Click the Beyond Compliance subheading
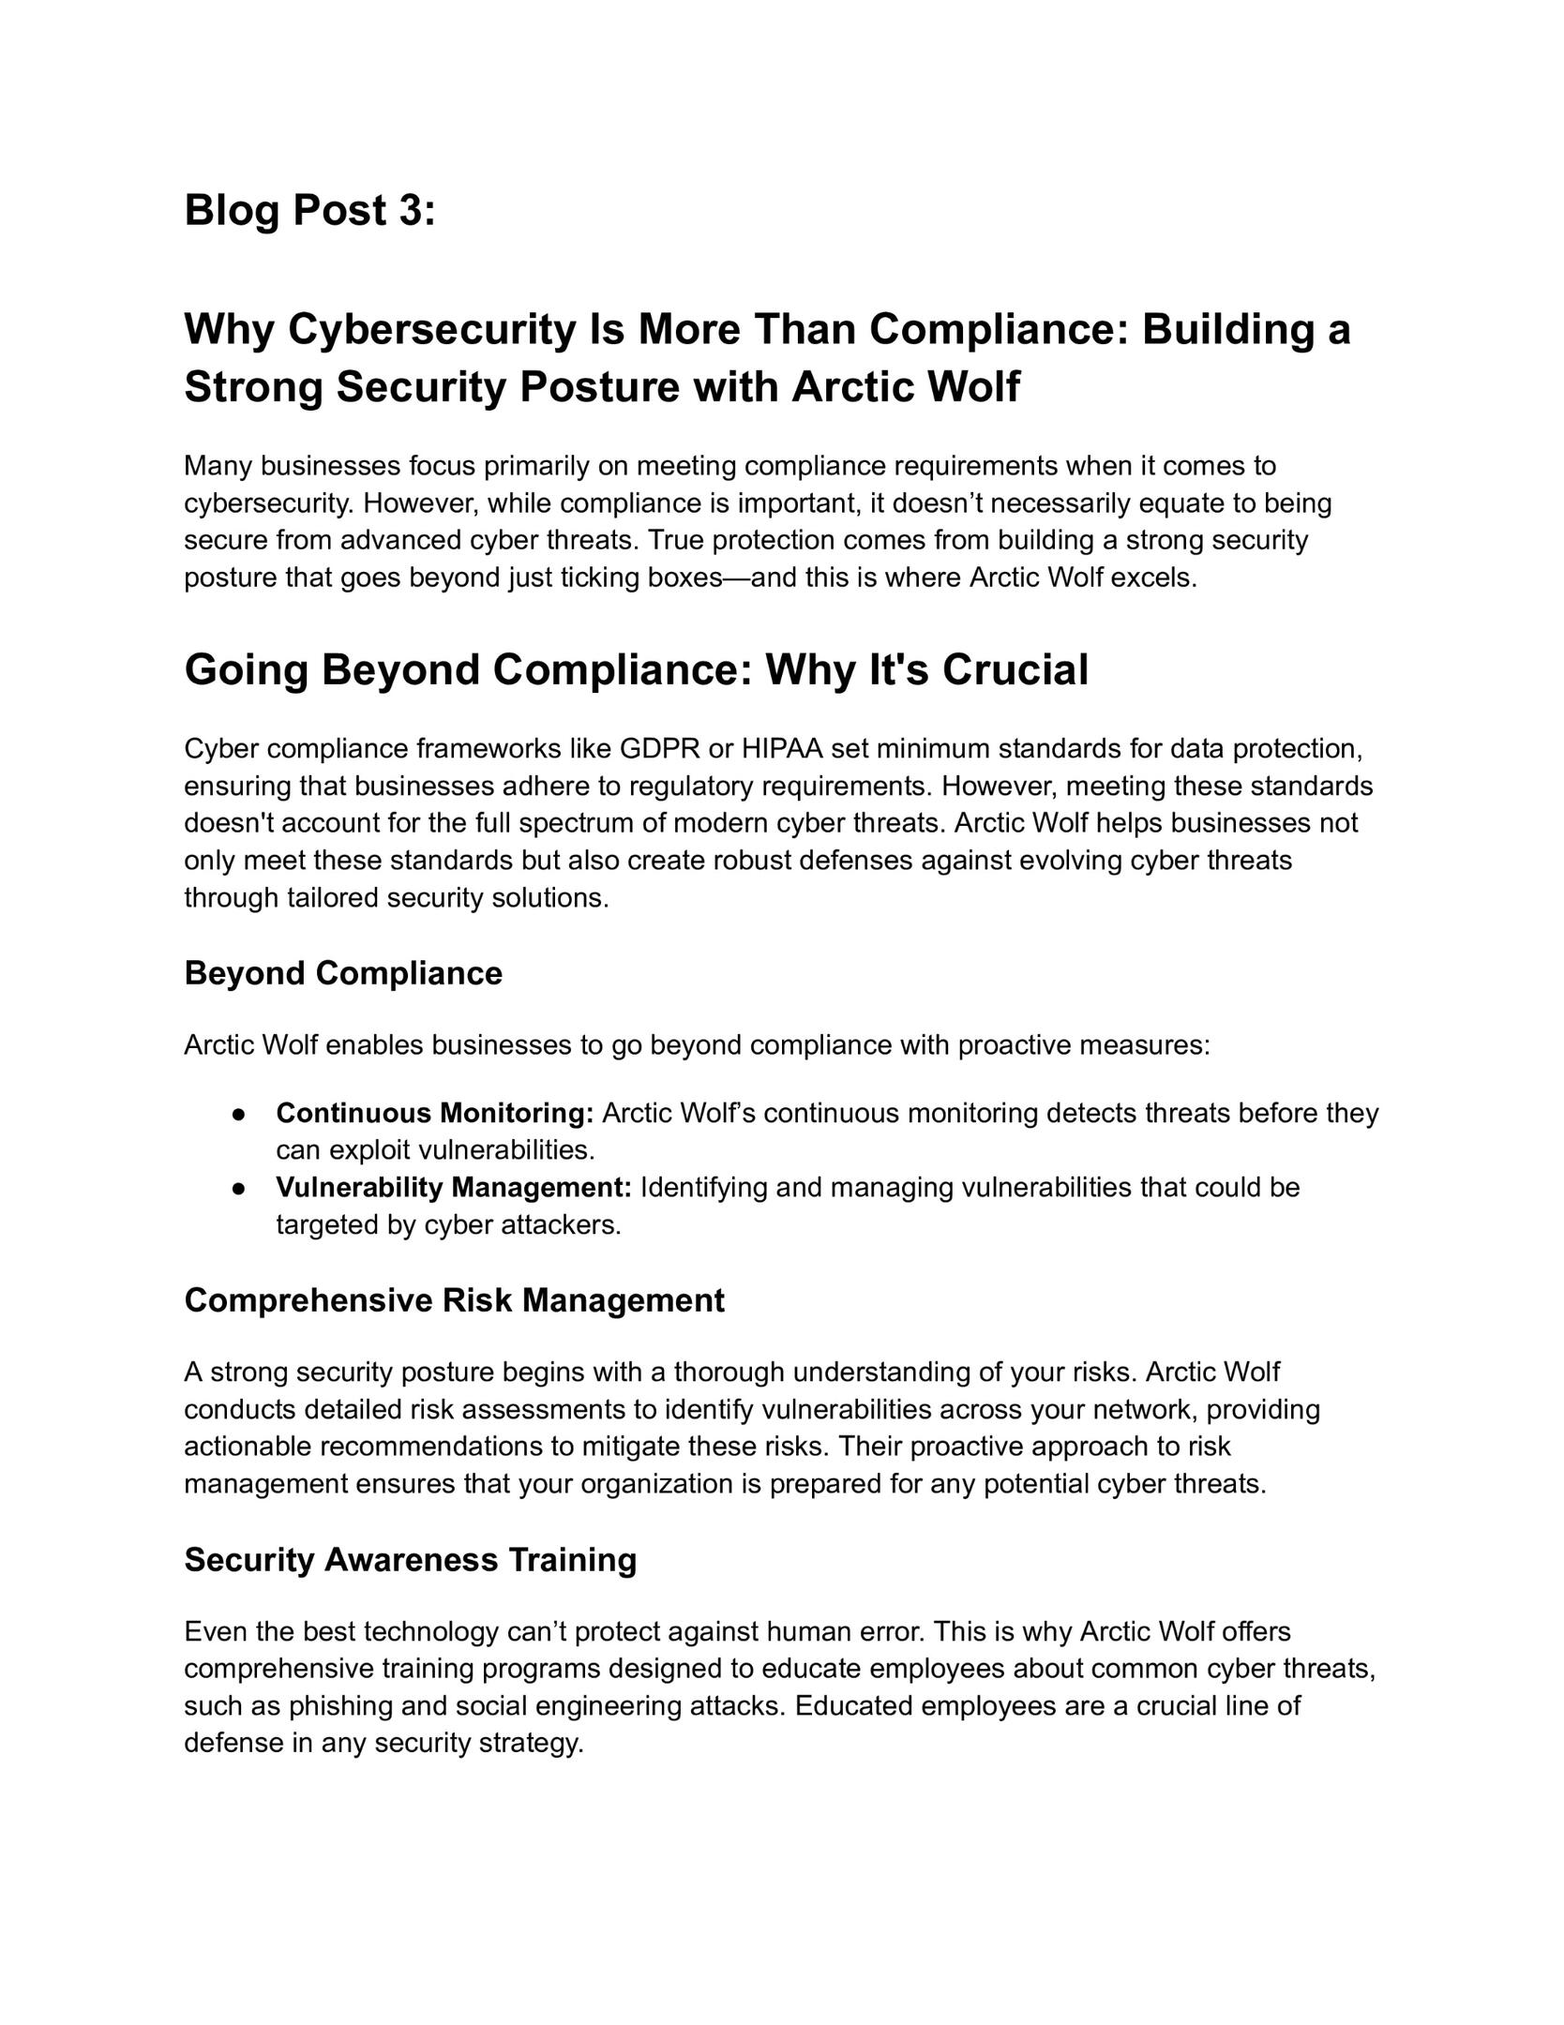pos(343,973)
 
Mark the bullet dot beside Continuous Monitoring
pos(239,1114)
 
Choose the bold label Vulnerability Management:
pos(454,1188)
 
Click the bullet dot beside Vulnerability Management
pos(239,1189)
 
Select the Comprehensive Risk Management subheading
pos(454,1300)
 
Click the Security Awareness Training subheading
pos(410,1560)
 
